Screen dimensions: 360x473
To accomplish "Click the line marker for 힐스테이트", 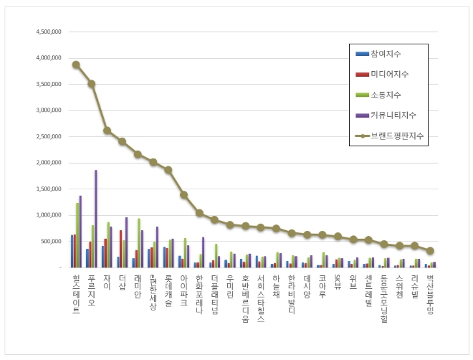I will pyautogui.click(x=76, y=65).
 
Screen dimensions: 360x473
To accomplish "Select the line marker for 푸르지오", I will pyautogui.click(x=92, y=84).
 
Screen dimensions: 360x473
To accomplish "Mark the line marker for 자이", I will pyautogui.click(x=107, y=131).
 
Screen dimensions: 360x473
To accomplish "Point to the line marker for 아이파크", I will pyautogui.click(x=184, y=194).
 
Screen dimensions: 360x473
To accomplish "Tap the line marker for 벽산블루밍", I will pyautogui.click(x=430, y=251).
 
